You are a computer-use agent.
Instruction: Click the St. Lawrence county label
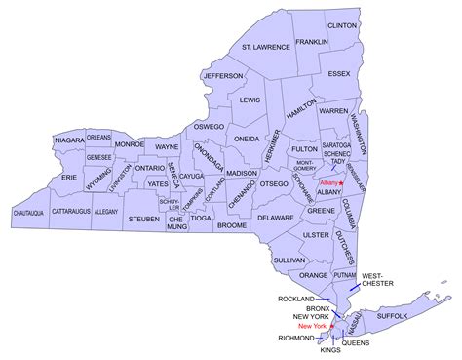point(266,47)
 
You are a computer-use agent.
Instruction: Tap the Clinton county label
point(341,23)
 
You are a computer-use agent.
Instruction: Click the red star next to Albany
point(342,181)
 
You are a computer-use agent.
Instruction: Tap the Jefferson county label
point(223,75)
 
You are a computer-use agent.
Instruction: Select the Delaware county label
point(276,218)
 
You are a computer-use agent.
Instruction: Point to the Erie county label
point(67,179)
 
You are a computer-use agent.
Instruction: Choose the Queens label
point(356,342)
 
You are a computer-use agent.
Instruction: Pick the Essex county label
point(340,72)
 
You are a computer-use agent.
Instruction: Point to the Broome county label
point(232,225)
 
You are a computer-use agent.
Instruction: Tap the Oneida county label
point(248,139)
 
